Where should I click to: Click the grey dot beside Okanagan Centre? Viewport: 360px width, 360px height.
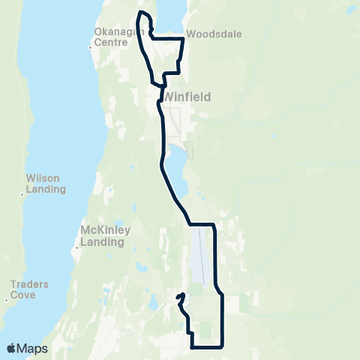(91, 48)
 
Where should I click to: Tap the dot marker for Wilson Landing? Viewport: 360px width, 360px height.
(22, 194)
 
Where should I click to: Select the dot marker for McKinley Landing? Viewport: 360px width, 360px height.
(77, 247)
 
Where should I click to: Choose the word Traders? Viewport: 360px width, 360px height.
(30, 284)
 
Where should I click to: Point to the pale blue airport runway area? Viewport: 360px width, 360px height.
(198, 255)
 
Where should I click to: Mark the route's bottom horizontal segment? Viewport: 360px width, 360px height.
(208, 346)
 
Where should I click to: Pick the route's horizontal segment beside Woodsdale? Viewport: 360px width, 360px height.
(169, 37)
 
